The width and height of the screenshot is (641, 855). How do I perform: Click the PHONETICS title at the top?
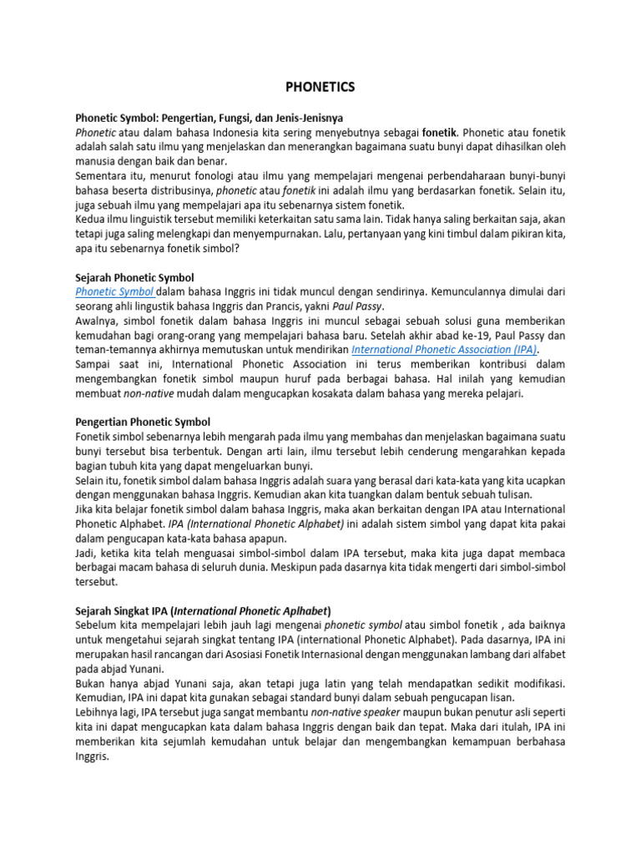[x=320, y=87]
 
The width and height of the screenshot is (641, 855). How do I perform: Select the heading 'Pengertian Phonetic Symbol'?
[x=143, y=422]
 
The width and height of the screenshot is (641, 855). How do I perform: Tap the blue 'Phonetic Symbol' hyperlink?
[x=114, y=291]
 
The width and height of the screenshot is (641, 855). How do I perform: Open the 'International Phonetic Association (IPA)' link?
[x=445, y=350]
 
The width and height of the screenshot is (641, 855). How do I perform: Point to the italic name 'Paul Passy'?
[x=359, y=306]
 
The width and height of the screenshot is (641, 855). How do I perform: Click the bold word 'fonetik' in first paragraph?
[x=440, y=132]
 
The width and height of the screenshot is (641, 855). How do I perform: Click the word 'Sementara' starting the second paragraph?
[x=103, y=176]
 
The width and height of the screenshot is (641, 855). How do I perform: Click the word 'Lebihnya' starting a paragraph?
[x=99, y=711]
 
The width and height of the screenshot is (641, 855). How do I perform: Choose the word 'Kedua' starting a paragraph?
[x=91, y=220]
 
